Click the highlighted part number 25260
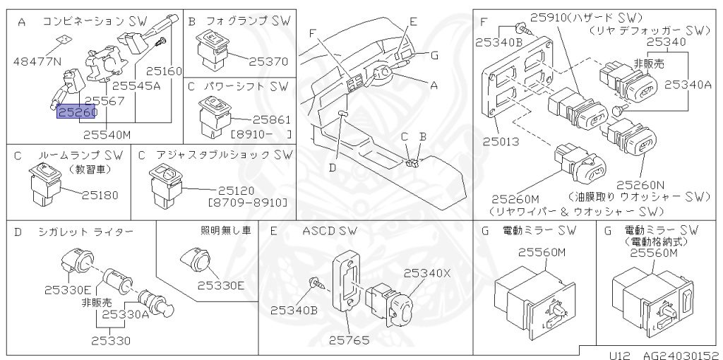[x=77, y=113]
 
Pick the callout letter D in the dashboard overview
[x=333, y=167]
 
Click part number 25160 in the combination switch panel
[x=164, y=71]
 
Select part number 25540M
[x=107, y=132]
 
